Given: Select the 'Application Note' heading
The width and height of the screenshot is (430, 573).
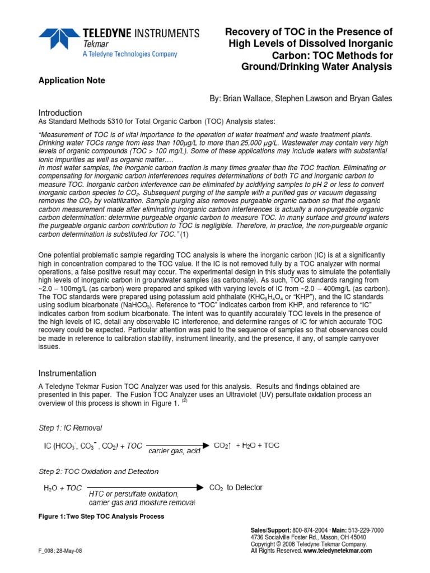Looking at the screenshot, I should (x=71, y=81).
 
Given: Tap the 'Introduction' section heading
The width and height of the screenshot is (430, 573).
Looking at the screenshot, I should (x=60, y=112).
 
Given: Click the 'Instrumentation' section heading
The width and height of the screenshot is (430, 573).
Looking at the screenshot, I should (x=67, y=373).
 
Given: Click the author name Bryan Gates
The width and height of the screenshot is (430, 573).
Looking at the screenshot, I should (x=370, y=98).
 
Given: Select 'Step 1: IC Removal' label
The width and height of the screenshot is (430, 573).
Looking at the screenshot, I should (x=70, y=428).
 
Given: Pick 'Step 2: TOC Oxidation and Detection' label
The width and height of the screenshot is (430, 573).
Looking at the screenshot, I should (x=98, y=472).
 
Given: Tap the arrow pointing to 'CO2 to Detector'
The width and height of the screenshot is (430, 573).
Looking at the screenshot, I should (x=146, y=488).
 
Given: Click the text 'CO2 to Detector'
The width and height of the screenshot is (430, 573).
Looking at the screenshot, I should (x=236, y=488).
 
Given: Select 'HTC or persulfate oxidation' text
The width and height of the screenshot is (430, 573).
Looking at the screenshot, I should (x=134, y=495).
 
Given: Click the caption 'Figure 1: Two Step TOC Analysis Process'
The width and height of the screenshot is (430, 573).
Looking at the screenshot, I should (x=101, y=516).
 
